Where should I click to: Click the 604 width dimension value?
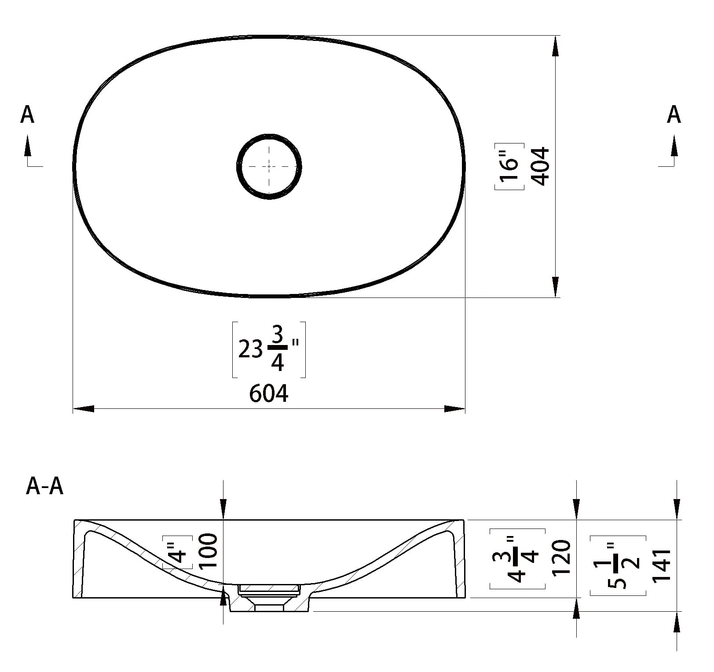[269, 393]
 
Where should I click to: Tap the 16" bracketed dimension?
[509, 166]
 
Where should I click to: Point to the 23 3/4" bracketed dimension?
[269, 350]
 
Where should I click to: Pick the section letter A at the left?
[27, 115]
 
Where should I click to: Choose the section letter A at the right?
[674, 115]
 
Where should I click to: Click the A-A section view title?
[45, 487]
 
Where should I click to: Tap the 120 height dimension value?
[561, 558]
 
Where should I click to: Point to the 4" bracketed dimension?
[178, 552]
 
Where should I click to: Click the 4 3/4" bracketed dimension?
[517, 559]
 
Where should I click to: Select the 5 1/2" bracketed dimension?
[618, 566]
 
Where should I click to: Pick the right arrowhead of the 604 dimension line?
[454, 409]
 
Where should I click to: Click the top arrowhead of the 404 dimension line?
[556, 46]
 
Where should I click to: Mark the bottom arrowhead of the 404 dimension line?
[556, 287]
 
